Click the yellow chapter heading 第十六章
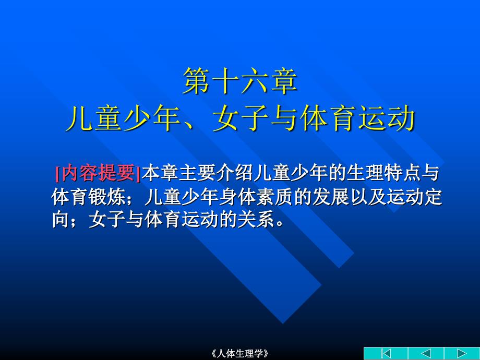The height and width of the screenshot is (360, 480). click(241, 81)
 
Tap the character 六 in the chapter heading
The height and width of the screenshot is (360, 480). click(255, 81)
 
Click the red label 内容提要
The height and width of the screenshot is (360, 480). click(98, 173)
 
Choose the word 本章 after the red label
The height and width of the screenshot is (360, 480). click(160, 173)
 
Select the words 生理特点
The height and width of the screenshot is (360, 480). click(383, 173)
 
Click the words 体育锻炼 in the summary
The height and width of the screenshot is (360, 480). click(89, 197)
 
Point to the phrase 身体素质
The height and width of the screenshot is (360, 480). click(256, 197)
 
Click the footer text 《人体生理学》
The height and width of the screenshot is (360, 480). click(240, 354)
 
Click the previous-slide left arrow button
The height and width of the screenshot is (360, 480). click(426, 353)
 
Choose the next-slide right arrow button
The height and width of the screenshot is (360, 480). click(462, 353)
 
